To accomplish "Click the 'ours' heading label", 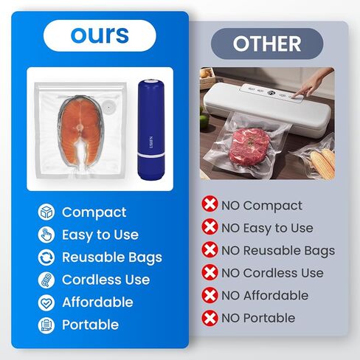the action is point(100,35).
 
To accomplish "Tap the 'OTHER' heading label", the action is point(267,44).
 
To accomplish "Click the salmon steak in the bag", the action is point(80,131).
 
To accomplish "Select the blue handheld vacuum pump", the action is point(151,130).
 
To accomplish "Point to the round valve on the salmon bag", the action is point(108,106).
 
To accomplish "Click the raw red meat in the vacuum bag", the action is point(249,145).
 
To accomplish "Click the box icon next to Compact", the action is point(46,212).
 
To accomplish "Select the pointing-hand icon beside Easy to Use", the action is point(46,235).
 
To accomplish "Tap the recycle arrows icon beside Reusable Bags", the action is point(46,257).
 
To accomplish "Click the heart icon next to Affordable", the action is point(46,302).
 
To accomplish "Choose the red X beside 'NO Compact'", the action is point(210,204).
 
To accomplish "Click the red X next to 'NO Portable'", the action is point(210,318).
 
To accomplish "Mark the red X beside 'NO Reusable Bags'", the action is point(210,249).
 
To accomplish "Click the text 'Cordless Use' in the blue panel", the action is point(106,280).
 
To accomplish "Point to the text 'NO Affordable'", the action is point(265,295).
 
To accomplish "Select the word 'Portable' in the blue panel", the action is point(91,325).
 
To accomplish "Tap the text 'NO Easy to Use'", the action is point(267,228).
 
